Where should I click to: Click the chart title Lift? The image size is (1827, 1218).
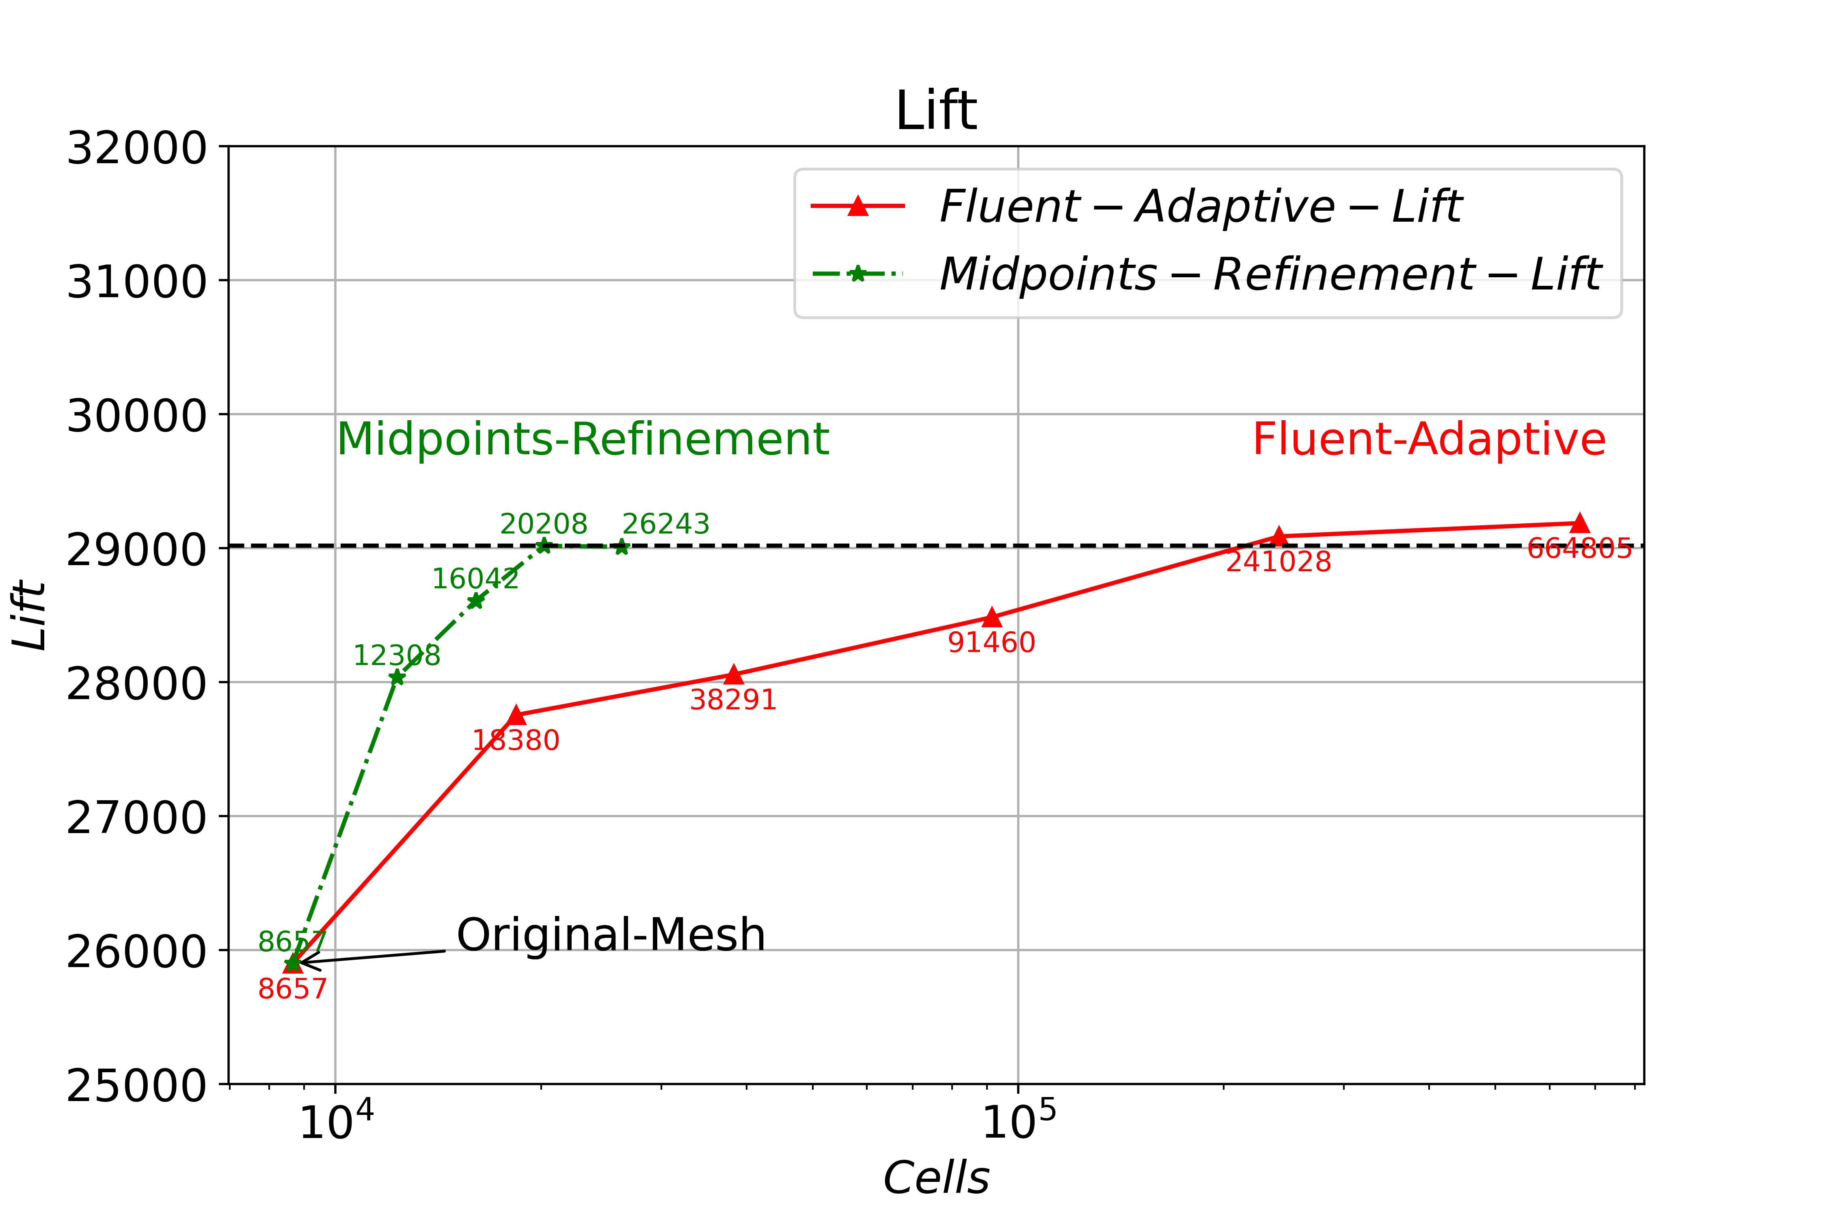tap(935, 111)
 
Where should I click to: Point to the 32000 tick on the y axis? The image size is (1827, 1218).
tap(137, 148)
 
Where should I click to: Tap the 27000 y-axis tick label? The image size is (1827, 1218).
tap(137, 817)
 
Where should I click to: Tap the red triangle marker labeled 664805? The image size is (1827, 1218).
tap(1579, 523)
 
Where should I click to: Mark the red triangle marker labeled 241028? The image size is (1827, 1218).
tap(1278, 535)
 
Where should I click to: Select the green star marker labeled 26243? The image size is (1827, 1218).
tap(622, 548)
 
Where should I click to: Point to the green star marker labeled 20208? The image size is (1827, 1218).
tap(544, 545)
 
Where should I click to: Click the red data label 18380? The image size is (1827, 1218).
tap(516, 740)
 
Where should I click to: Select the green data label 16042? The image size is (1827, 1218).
tap(475, 579)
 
